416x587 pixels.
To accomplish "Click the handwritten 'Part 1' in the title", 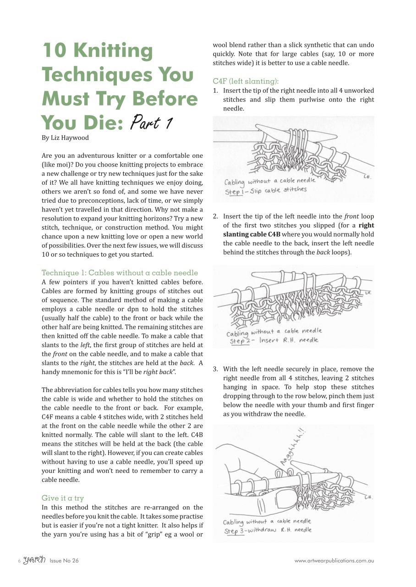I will point(152,122).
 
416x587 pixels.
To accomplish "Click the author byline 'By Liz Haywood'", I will point(65,138).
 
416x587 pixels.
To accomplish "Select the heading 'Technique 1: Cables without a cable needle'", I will point(120,273).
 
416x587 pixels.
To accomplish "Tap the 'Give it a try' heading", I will point(63,498).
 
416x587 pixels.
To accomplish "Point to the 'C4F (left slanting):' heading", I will point(246,81).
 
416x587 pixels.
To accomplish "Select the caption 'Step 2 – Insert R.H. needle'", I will point(274,340).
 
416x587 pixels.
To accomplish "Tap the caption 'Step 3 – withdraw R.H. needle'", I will point(268,530).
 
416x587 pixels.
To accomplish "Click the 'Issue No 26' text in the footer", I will point(64,560).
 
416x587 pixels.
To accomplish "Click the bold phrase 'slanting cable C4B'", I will point(252,234).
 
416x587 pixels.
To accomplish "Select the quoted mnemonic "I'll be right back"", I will point(147,372).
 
